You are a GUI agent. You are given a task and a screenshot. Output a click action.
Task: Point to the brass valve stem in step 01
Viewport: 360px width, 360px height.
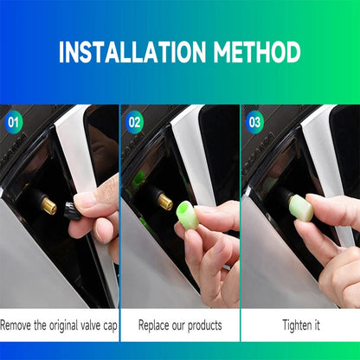coord(48,207)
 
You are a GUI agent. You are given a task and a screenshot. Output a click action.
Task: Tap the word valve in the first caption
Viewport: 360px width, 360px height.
coord(97,325)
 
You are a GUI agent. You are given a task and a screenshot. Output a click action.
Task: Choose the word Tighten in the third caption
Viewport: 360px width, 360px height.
coord(295,325)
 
